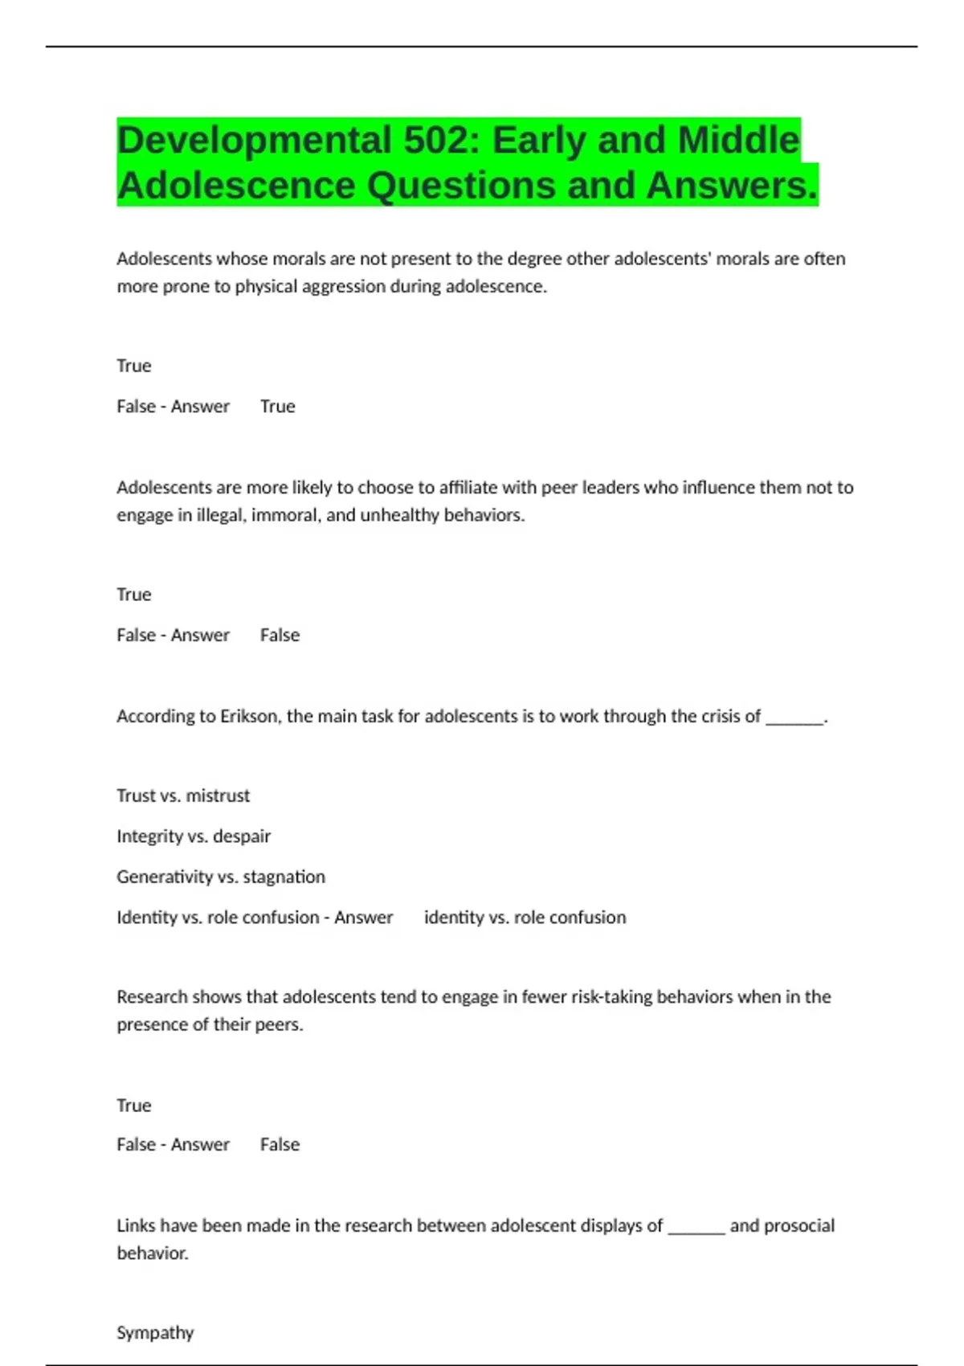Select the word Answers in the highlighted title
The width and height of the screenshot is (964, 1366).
[x=731, y=186]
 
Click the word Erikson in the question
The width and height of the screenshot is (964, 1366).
[x=250, y=716]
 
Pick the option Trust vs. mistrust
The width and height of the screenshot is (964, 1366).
[x=183, y=795]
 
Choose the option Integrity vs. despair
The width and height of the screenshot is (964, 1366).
[x=194, y=836]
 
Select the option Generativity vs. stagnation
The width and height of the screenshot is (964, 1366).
[x=221, y=877]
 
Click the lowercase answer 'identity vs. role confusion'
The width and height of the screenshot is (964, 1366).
[x=525, y=917]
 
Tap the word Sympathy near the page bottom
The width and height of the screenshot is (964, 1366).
[x=155, y=1332]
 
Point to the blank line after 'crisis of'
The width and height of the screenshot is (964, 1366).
[x=794, y=718]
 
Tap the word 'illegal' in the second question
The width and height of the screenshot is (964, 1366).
[x=220, y=515]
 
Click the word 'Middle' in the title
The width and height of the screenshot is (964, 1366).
[x=739, y=141]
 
